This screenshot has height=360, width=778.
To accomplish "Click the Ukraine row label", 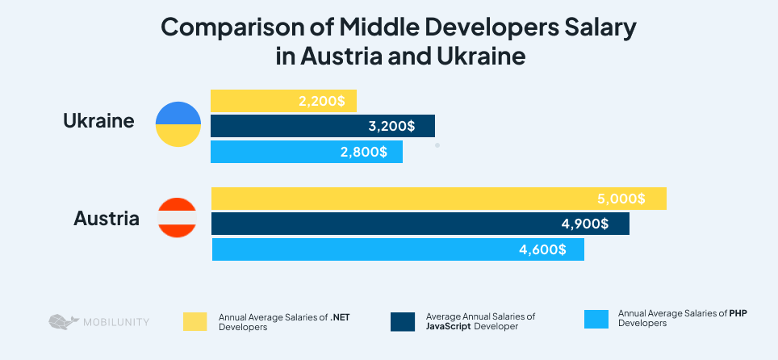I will [98, 122].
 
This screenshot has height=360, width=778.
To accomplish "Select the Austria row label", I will [106, 218].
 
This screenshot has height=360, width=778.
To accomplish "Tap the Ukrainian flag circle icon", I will [178, 124].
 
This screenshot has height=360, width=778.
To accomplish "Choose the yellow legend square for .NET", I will [194, 320].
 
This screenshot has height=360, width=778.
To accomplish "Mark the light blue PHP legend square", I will [596, 318].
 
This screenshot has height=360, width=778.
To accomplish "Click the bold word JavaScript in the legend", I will [447, 327].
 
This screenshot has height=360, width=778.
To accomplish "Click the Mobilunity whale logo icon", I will [64, 321].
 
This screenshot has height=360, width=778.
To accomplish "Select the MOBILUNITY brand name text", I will [115, 322].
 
